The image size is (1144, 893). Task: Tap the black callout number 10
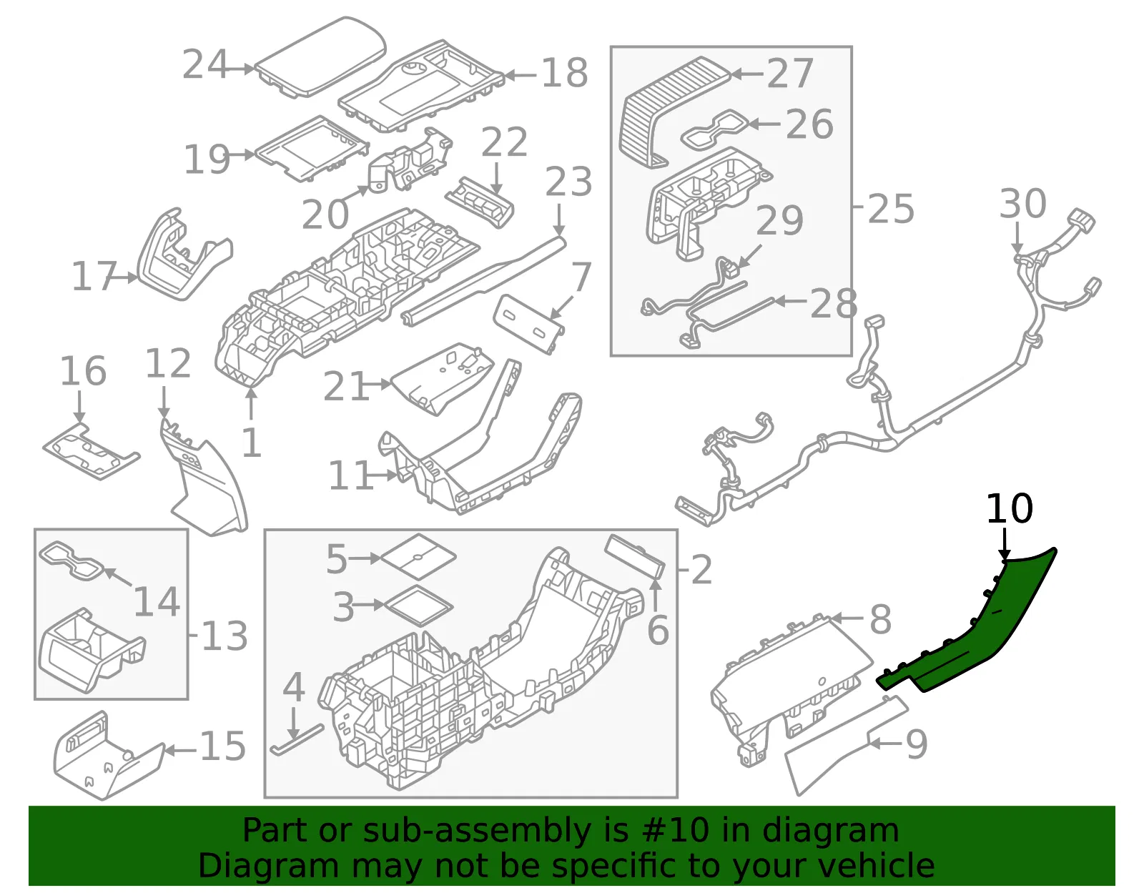(1010, 508)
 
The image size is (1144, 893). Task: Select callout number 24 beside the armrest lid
(205, 64)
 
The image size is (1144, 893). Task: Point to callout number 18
(564, 73)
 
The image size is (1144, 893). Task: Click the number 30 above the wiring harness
(1022, 203)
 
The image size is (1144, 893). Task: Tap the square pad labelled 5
(418, 556)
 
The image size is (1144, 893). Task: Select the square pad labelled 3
(419, 606)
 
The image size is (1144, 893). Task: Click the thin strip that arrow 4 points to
(297, 739)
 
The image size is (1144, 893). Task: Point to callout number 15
(222, 746)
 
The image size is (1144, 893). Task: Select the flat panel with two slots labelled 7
(528, 324)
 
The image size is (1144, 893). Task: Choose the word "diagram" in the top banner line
(830, 830)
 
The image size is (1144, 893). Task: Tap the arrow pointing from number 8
(847, 618)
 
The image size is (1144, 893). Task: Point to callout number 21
(346, 386)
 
